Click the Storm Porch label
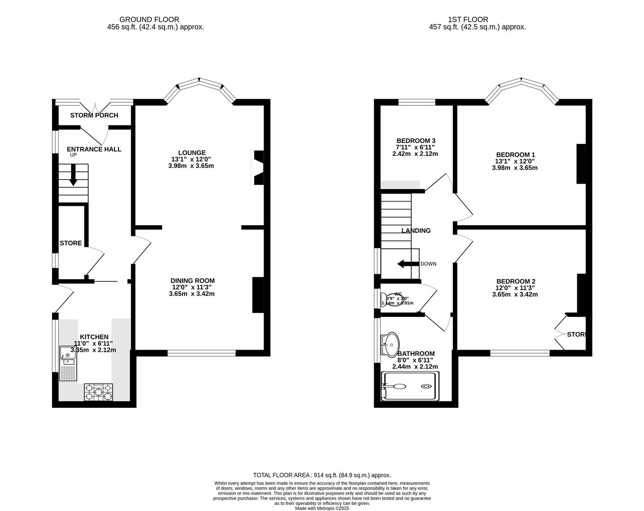tap(94, 115)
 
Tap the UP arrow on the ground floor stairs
tap(73, 175)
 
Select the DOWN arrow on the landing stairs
tap(407, 264)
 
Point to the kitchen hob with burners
tap(98, 392)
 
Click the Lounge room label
tap(194, 153)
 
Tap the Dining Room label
tap(192, 281)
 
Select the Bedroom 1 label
tap(515, 155)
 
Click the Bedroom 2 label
tap(515, 281)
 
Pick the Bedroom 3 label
tap(415, 141)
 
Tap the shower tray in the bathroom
tap(410, 387)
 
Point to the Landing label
tap(416, 231)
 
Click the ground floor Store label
tap(71, 243)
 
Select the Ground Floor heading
tap(149, 19)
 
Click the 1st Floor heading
tap(468, 19)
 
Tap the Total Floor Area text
tap(322, 475)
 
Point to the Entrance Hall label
tap(94, 149)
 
